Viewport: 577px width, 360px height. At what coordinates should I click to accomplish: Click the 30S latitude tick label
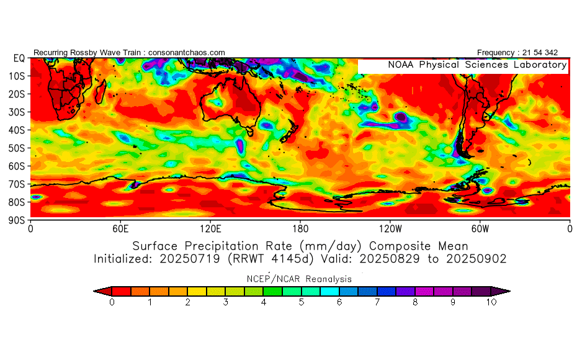pos(18,112)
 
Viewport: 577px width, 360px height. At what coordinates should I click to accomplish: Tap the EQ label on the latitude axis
pos(19,58)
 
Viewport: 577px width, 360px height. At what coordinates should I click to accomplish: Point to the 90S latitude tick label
pos(18,220)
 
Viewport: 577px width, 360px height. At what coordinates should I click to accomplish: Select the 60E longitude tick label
pos(120,228)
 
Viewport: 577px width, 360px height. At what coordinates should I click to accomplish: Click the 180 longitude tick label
pos(300,228)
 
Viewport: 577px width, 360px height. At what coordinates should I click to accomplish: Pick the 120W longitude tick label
pos(390,228)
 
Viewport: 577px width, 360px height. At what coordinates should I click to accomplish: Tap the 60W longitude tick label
pos(480,228)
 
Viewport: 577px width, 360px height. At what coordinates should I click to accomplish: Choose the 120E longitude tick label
pos(210,228)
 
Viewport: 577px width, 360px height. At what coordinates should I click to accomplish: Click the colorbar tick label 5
pos(302,302)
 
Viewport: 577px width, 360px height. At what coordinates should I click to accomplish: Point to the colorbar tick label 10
pos(491,302)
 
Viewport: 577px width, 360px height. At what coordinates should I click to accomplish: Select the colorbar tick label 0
pos(112,302)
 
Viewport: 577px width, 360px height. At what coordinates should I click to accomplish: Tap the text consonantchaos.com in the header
pos(187,53)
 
